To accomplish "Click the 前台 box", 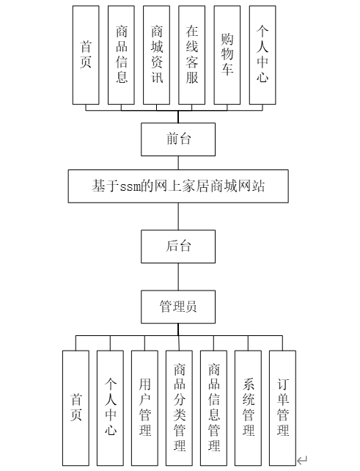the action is point(178,139).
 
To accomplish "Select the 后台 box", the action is point(178,247).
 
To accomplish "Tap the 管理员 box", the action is point(178,307).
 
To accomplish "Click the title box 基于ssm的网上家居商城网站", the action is point(178,186).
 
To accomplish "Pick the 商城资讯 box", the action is point(156,55).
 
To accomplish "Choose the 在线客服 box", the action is point(192,55).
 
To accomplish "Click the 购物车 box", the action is point(227,55).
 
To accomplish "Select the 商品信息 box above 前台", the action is point(121,55).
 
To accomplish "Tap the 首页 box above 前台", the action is point(86,55).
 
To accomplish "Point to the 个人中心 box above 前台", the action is point(262,55).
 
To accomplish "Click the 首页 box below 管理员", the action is point(76,408).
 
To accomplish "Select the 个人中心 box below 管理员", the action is point(110,408).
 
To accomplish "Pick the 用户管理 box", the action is point(144,408).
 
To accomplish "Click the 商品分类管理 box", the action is point(179,408).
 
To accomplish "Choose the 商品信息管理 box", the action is point(214,408).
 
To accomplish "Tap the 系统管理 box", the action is point(248,408).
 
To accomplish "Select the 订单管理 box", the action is point(282,408).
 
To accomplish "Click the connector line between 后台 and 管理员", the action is point(178,277).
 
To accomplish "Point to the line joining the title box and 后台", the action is point(178,216).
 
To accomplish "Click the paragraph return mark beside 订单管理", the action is point(302,459).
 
